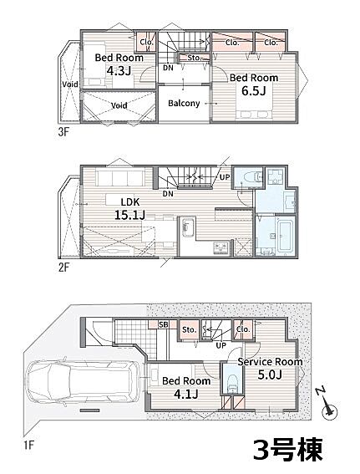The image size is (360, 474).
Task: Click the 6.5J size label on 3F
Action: (253, 90)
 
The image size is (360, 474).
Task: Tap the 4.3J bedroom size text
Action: (119, 71)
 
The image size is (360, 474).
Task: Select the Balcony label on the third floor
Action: (184, 103)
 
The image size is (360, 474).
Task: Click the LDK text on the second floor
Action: (130, 201)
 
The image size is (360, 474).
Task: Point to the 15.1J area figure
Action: (129, 215)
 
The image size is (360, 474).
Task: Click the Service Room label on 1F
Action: (270, 361)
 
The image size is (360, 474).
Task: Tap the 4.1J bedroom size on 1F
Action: (186, 394)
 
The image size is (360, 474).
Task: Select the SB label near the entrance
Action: (164, 324)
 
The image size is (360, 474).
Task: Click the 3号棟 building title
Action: (288, 449)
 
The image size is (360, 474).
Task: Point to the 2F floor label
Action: (63, 268)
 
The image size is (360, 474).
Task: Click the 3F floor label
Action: (63, 132)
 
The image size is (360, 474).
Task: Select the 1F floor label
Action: (28, 446)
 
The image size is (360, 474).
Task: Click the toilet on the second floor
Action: (253, 176)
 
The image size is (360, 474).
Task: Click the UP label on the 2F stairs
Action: (225, 177)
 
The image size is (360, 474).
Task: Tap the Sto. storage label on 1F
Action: (190, 329)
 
